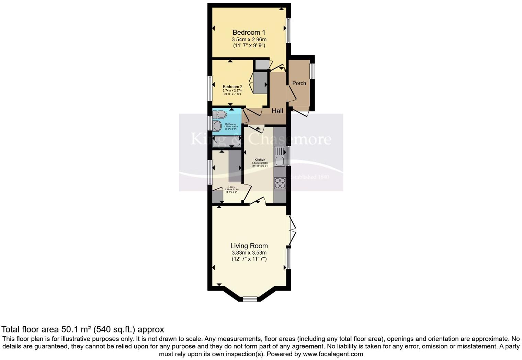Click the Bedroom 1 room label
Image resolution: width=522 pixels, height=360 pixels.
[x=249, y=33]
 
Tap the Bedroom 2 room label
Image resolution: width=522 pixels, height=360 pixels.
[x=232, y=87]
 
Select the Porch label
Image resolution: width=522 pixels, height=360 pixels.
[x=299, y=83]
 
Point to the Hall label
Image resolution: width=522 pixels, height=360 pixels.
[x=277, y=111]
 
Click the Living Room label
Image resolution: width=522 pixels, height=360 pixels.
[x=249, y=246]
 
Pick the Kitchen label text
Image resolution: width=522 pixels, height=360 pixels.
[x=260, y=160]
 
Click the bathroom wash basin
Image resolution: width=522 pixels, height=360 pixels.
[x=217, y=126]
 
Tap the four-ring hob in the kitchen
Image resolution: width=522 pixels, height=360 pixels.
[x=280, y=183]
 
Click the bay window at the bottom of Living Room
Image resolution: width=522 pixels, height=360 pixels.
[x=250, y=299]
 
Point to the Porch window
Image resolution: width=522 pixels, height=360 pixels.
[x=312, y=71]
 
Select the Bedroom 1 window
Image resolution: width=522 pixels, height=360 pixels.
[x=288, y=30]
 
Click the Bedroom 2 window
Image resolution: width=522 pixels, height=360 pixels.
[x=209, y=89]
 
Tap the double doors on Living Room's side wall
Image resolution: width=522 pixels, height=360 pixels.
[x=292, y=230]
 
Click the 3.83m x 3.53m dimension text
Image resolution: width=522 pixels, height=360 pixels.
[x=249, y=253]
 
